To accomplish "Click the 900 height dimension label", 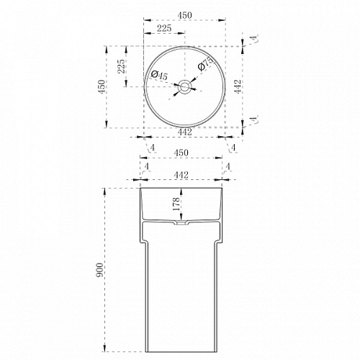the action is click(x=100, y=270).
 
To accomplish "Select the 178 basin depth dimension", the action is click(x=176, y=204).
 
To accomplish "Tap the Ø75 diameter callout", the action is click(x=205, y=63).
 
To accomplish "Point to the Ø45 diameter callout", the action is click(x=159, y=75).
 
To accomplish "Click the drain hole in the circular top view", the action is click(x=184, y=86).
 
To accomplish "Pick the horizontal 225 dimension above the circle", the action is click(x=164, y=28).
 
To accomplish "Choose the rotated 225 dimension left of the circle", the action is click(x=121, y=66).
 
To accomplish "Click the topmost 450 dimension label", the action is click(x=184, y=15).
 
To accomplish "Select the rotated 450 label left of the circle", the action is click(x=102, y=86).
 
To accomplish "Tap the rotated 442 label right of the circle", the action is click(x=238, y=86).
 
